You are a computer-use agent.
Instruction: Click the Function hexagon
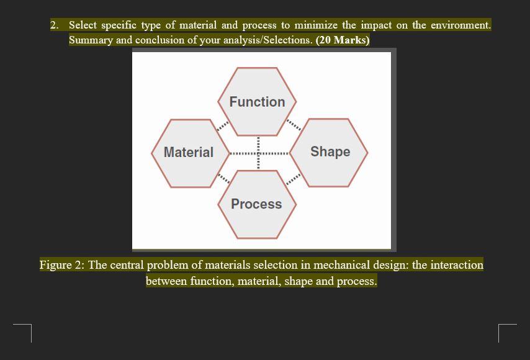click(x=257, y=101)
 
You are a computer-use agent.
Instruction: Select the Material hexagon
click(x=189, y=152)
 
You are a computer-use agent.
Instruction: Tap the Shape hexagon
click(x=330, y=151)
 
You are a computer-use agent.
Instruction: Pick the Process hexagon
click(x=256, y=204)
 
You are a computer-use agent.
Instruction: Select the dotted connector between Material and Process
click(x=222, y=179)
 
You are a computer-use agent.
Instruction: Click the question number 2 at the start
click(x=55, y=25)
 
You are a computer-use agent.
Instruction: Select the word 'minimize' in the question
click(x=317, y=25)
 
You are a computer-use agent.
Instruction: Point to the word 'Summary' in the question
click(x=90, y=40)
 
